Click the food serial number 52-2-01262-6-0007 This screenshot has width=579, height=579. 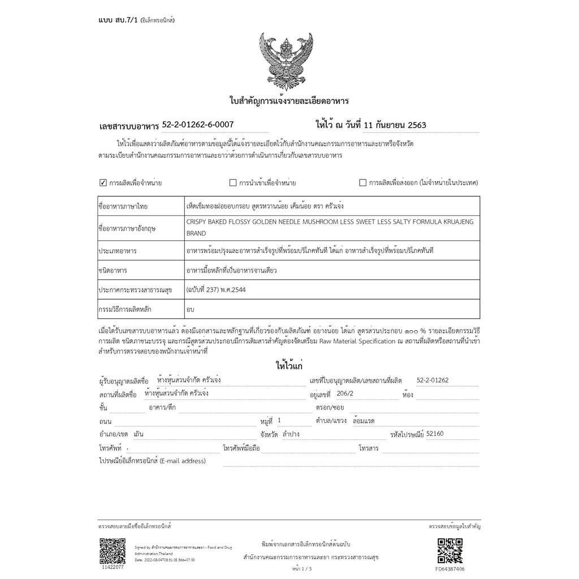[x=198, y=124]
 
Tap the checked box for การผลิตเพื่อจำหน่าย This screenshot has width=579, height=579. [x=103, y=183]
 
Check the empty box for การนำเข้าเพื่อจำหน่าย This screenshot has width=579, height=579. [x=233, y=183]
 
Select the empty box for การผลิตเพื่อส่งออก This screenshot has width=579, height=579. [x=363, y=183]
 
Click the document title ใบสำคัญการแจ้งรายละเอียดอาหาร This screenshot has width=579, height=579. [x=289, y=101]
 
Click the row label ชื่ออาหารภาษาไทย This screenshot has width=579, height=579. [x=123, y=206]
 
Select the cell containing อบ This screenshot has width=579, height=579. [x=191, y=309]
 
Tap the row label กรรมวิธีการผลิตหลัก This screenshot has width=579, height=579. [x=125, y=309]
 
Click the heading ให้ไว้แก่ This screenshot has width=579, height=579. [x=289, y=366]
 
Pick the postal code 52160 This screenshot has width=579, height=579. [x=436, y=434]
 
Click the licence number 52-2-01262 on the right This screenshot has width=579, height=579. [x=432, y=381]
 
